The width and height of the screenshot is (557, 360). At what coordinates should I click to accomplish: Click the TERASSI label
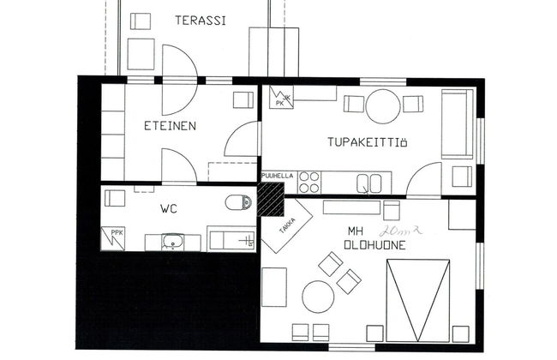tap(201, 21)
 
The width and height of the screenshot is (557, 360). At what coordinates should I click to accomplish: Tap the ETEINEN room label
tap(170, 126)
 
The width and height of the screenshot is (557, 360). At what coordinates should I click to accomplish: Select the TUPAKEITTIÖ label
tap(367, 142)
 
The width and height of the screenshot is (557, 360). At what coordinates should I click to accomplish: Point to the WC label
tap(168, 208)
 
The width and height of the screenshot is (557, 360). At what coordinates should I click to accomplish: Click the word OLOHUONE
tap(374, 245)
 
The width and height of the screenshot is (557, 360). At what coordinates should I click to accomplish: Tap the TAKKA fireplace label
tap(287, 225)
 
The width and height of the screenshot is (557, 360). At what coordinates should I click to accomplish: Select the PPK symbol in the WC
tap(113, 238)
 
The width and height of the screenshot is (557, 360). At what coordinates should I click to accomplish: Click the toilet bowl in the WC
tap(238, 202)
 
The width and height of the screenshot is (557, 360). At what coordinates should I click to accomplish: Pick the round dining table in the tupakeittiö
tap(383, 106)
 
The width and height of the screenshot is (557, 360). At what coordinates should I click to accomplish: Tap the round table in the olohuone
tap(318, 297)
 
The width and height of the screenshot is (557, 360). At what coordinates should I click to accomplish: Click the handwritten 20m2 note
tap(400, 231)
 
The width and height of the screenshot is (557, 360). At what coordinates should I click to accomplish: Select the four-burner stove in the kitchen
tap(309, 182)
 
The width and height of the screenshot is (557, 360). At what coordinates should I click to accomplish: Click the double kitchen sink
tap(369, 183)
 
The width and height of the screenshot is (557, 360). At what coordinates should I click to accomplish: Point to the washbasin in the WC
tap(172, 242)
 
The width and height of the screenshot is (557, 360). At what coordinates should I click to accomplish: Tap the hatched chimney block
tap(271, 199)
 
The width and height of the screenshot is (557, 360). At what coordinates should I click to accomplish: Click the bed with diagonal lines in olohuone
tap(418, 301)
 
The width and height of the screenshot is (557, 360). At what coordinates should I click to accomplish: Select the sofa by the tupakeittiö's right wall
tap(458, 124)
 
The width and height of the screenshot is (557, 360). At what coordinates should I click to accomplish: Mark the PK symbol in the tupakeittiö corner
tap(281, 98)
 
